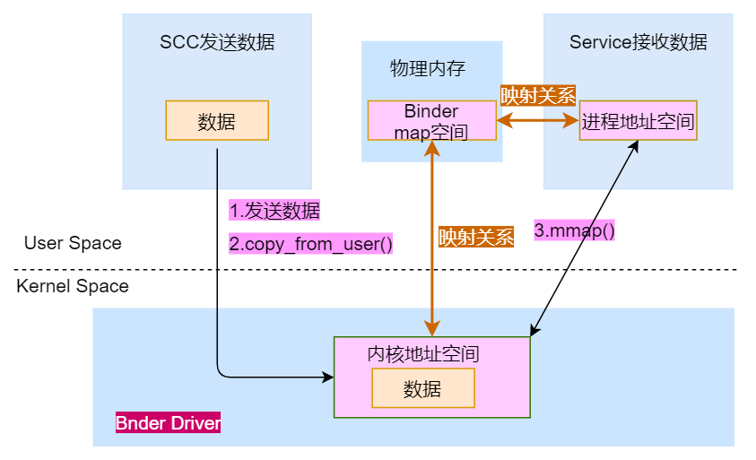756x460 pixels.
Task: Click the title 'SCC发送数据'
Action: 217,42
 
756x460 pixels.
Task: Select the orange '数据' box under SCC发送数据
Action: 217,120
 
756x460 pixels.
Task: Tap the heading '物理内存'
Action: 428,69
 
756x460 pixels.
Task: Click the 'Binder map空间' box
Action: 431,121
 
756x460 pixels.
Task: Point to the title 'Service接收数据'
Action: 638,42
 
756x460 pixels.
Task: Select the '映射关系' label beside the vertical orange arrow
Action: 475,238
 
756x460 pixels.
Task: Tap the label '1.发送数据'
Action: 274,211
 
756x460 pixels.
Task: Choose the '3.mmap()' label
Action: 575,230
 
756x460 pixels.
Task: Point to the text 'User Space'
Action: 73,244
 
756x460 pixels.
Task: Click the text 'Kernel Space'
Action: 73,287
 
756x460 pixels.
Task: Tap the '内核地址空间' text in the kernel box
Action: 423,353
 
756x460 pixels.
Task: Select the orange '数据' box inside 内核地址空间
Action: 422,388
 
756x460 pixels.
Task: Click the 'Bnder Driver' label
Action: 168,422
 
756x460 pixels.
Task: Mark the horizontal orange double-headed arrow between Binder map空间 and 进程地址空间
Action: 537,119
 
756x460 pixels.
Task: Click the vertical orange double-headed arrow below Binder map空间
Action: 432,269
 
